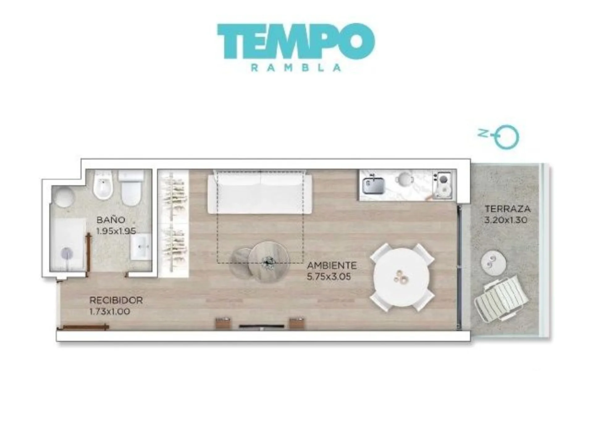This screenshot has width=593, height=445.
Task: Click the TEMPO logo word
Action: coord(296,41)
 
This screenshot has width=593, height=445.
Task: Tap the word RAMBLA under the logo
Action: coord(296,68)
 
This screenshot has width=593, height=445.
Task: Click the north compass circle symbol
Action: coord(507,137)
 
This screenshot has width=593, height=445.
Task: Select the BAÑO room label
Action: coord(111,220)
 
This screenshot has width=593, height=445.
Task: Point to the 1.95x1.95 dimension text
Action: coord(116,231)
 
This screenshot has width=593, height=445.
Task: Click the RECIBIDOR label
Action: coord(116,300)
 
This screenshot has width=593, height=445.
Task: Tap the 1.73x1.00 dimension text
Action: coord(109,311)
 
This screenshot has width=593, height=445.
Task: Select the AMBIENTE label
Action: coord(332,265)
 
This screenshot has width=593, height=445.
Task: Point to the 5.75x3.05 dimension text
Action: coord(329,277)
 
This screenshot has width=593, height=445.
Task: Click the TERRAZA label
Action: coord(507,209)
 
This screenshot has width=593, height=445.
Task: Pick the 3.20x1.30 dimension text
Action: coord(506,220)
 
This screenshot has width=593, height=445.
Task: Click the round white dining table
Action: coord(401,277)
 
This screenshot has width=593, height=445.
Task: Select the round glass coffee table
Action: coord(269,262)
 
